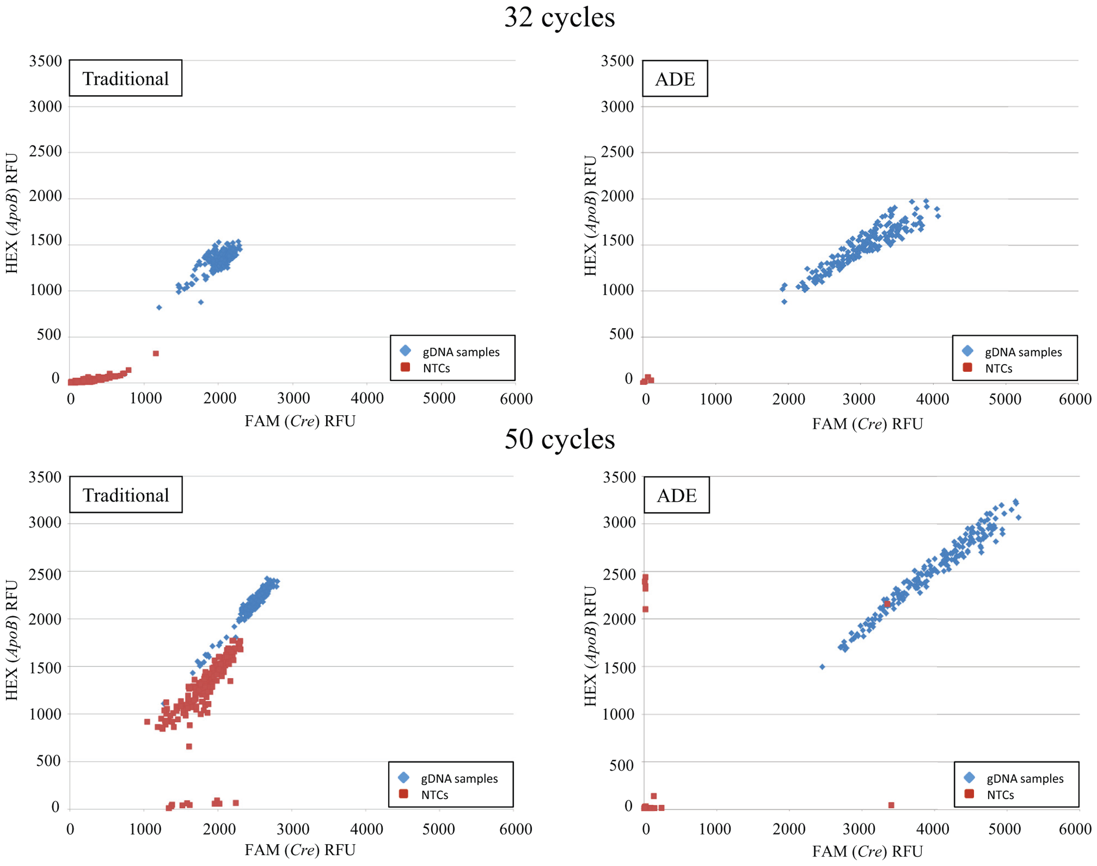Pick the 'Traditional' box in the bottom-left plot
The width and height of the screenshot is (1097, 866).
pos(126,494)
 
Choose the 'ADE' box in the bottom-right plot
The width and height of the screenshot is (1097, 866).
pos(677,495)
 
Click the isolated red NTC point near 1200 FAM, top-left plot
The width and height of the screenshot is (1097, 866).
pos(156,353)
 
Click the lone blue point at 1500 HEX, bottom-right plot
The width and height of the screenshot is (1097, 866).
pos(822,667)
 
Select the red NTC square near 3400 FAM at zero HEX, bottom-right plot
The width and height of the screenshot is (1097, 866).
pos(891,805)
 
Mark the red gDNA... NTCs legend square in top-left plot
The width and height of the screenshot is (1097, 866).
pos(405,367)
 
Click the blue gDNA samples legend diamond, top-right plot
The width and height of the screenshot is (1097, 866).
pos(968,351)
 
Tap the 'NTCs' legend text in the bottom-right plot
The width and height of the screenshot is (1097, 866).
pos(1000,795)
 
